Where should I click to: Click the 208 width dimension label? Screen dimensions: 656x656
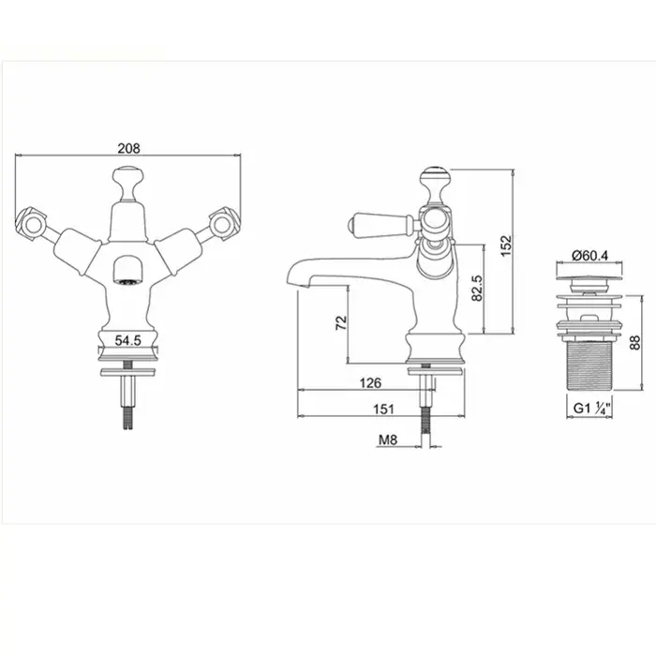(129, 148)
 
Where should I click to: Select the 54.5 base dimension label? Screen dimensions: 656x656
(128, 340)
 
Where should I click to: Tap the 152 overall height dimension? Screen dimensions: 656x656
(506, 246)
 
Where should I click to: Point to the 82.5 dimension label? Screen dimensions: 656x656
(477, 288)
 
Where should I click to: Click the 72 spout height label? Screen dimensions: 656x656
(341, 323)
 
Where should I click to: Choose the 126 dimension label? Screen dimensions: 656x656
(370, 382)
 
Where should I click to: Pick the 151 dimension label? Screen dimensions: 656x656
(383, 409)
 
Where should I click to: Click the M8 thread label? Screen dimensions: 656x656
(388, 440)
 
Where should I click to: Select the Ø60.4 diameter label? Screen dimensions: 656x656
(589, 255)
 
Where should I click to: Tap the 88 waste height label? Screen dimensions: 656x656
(635, 343)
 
